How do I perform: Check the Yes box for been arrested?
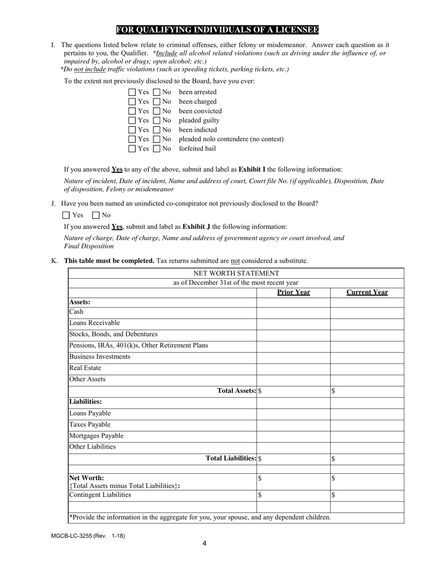click(132, 92)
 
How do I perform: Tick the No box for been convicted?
click(157, 111)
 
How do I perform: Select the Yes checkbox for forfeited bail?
click(132, 149)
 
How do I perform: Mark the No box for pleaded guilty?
click(157, 120)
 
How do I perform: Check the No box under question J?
click(96, 215)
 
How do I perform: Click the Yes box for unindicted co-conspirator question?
click(66, 215)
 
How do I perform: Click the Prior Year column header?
click(294, 292)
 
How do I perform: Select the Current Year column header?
click(367, 292)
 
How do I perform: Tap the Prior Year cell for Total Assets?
click(294, 391)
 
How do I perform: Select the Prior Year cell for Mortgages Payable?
click(294, 436)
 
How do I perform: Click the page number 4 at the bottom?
click(204, 544)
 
